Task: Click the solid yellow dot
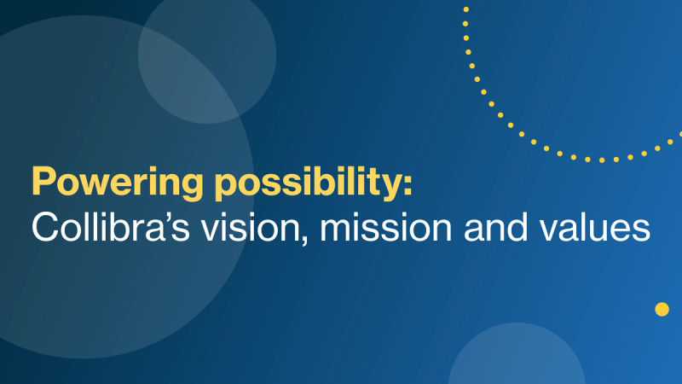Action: click(x=662, y=309)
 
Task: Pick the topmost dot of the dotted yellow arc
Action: click(x=465, y=9)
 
